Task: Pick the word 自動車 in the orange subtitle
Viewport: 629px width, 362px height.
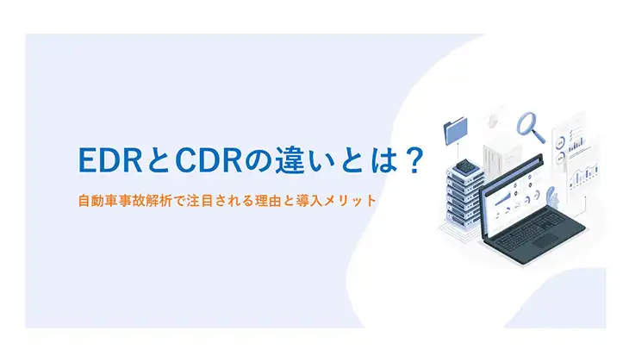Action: [97, 201]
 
